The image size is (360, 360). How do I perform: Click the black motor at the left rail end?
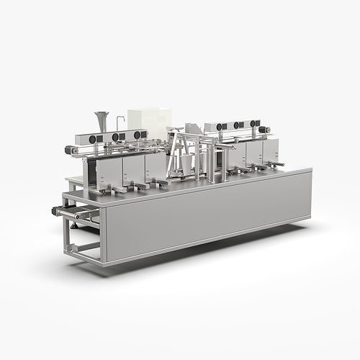(71, 150)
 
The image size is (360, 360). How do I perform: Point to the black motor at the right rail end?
(264, 130)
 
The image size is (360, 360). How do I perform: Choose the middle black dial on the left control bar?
(115, 137)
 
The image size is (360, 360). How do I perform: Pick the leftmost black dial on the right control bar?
(218, 127)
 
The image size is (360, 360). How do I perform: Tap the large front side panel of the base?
(209, 209)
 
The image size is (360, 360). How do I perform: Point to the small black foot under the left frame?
(73, 225)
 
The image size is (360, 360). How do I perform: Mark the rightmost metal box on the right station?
(271, 150)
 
